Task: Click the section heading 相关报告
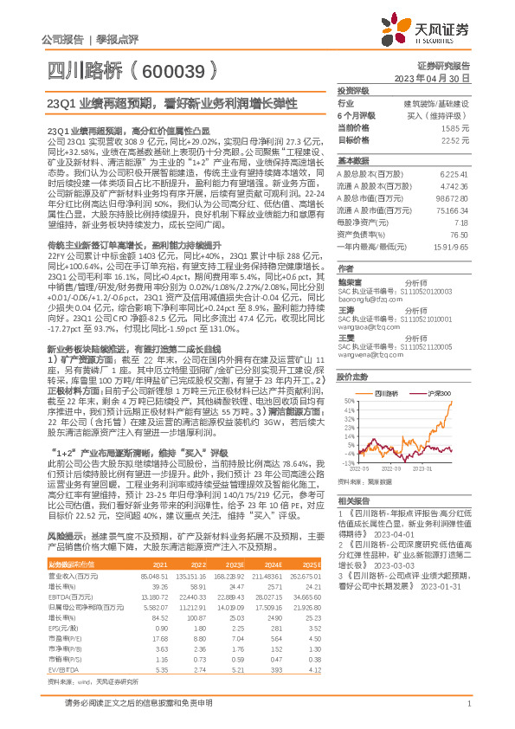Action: [x=354, y=501]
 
